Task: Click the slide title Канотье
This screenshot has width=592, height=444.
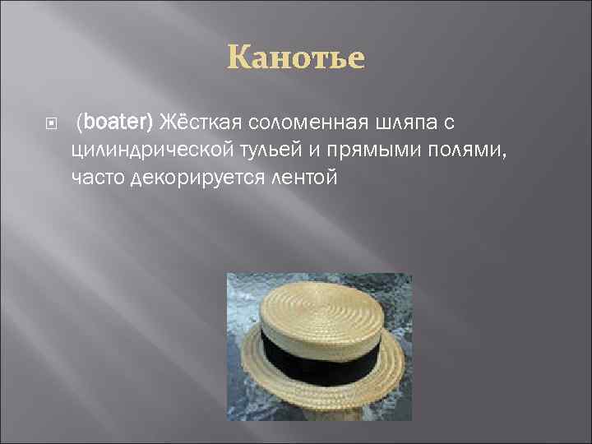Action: (296, 59)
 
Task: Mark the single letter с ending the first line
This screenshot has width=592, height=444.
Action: (449, 123)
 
